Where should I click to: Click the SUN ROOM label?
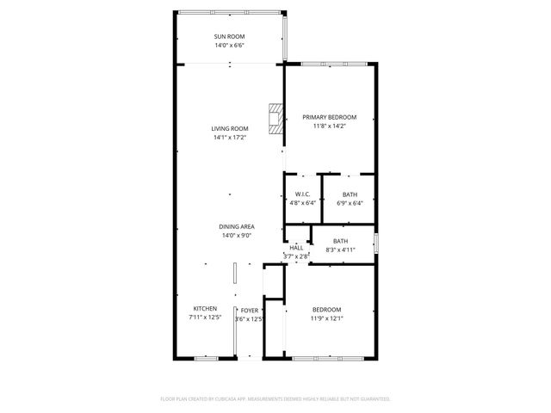point(229,35)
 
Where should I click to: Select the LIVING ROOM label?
point(229,128)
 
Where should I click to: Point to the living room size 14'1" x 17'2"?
point(229,137)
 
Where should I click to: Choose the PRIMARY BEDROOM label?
point(331,116)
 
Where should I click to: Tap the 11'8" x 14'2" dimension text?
point(331,126)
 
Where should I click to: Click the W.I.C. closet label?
point(302,194)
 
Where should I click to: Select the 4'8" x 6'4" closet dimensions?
point(302,203)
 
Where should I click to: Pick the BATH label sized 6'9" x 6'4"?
point(350,194)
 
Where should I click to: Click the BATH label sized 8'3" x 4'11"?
point(341,241)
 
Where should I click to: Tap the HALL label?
point(296,247)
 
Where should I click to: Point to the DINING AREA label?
point(236,226)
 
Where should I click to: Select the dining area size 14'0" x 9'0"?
point(236,235)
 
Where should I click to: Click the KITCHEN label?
point(204,309)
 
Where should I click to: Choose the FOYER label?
point(249,310)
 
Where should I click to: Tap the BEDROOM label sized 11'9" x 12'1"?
point(326,310)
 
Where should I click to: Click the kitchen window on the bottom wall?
point(206,357)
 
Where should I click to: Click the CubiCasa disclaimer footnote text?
point(275,399)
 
